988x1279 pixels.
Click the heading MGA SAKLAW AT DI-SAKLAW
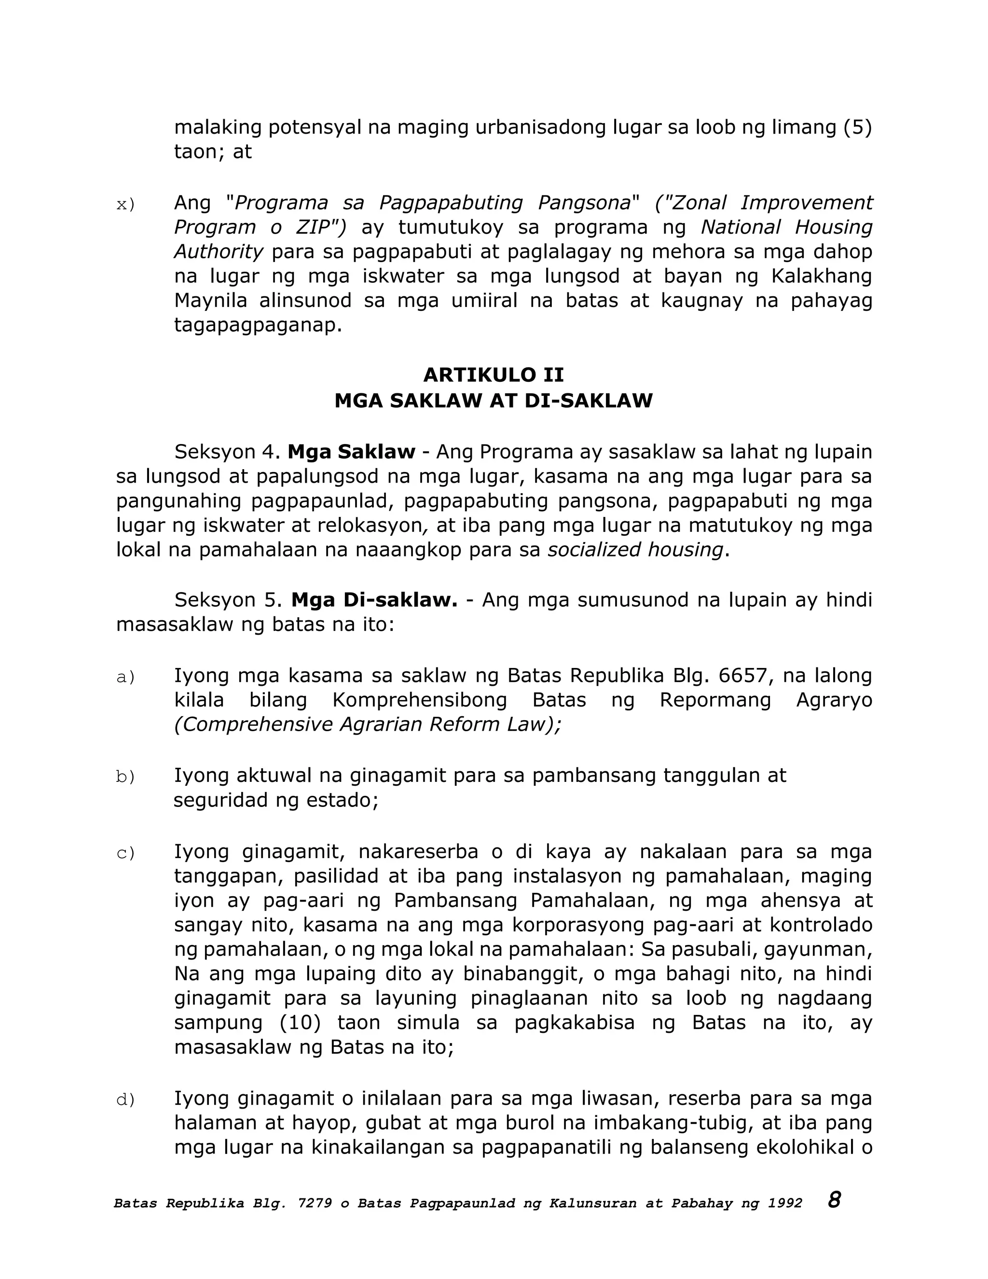pos(494,401)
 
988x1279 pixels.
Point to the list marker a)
pos(125,677)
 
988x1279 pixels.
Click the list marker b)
pos(125,777)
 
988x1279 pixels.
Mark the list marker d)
pos(125,1099)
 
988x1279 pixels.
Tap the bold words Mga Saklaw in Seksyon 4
pos(351,452)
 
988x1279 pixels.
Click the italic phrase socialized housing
pos(635,550)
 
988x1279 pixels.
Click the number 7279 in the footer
pos(315,1203)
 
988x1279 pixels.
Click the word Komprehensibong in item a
pos(420,700)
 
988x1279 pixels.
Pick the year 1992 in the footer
pos(785,1203)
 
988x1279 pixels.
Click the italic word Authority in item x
pos(219,252)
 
